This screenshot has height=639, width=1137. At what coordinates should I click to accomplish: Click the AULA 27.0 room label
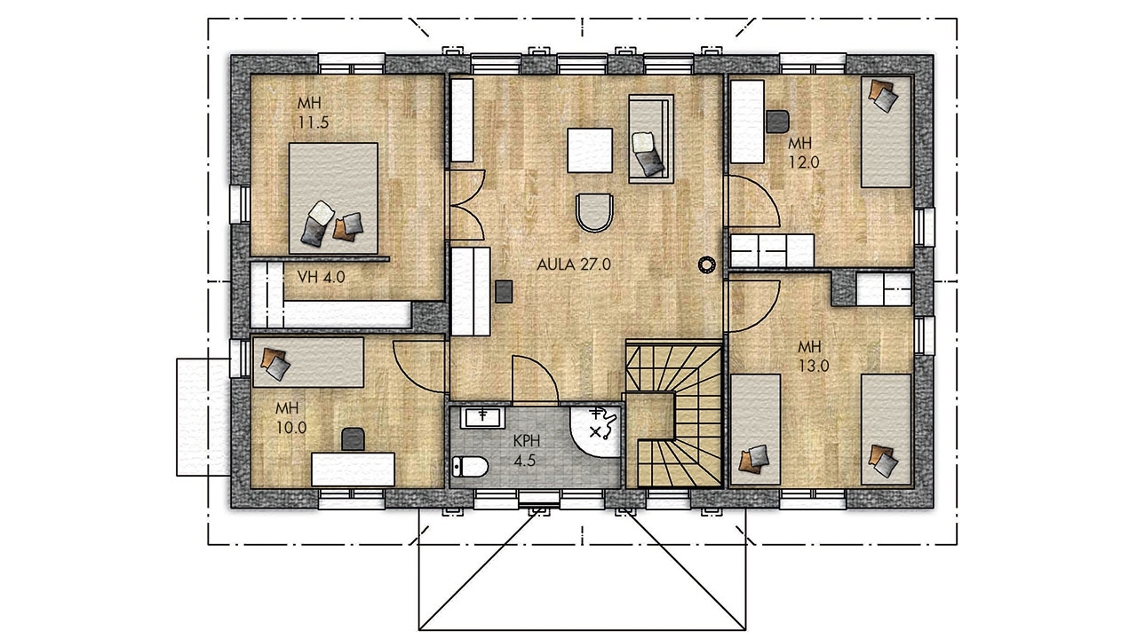(574, 264)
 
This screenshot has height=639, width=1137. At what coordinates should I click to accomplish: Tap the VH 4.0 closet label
(321, 277)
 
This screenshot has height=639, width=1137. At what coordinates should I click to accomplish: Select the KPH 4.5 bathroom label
(526, 451)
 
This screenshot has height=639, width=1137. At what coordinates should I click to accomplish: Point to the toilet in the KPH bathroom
(470, 467)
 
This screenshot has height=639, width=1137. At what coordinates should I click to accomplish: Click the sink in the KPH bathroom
(482, 417)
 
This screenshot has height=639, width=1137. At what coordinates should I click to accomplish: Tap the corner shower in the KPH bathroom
(595, 430)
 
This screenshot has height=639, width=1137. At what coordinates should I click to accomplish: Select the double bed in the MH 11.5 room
(333, 198)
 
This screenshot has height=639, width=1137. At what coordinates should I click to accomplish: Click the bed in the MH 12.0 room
(887, 132)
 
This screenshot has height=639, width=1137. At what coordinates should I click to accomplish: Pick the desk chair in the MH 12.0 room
(777, 122)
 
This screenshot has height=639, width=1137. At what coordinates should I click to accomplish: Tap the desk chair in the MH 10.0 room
(353, 439)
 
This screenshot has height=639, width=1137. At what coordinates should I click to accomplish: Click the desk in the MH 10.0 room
(354, 469)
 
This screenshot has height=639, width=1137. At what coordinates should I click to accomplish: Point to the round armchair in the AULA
(594, 212)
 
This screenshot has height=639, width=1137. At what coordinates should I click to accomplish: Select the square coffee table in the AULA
(590, 151)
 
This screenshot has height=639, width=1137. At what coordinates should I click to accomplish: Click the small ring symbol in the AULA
(706, 264)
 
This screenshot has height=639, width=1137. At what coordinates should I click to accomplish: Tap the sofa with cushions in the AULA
(651, 139)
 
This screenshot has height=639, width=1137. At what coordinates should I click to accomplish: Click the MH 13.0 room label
(813, 357)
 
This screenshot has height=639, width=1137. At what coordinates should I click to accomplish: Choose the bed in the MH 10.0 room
(308, 362)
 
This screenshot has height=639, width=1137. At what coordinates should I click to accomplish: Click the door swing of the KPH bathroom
(536, 380)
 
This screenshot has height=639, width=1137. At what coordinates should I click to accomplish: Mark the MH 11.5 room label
(314, 113)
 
